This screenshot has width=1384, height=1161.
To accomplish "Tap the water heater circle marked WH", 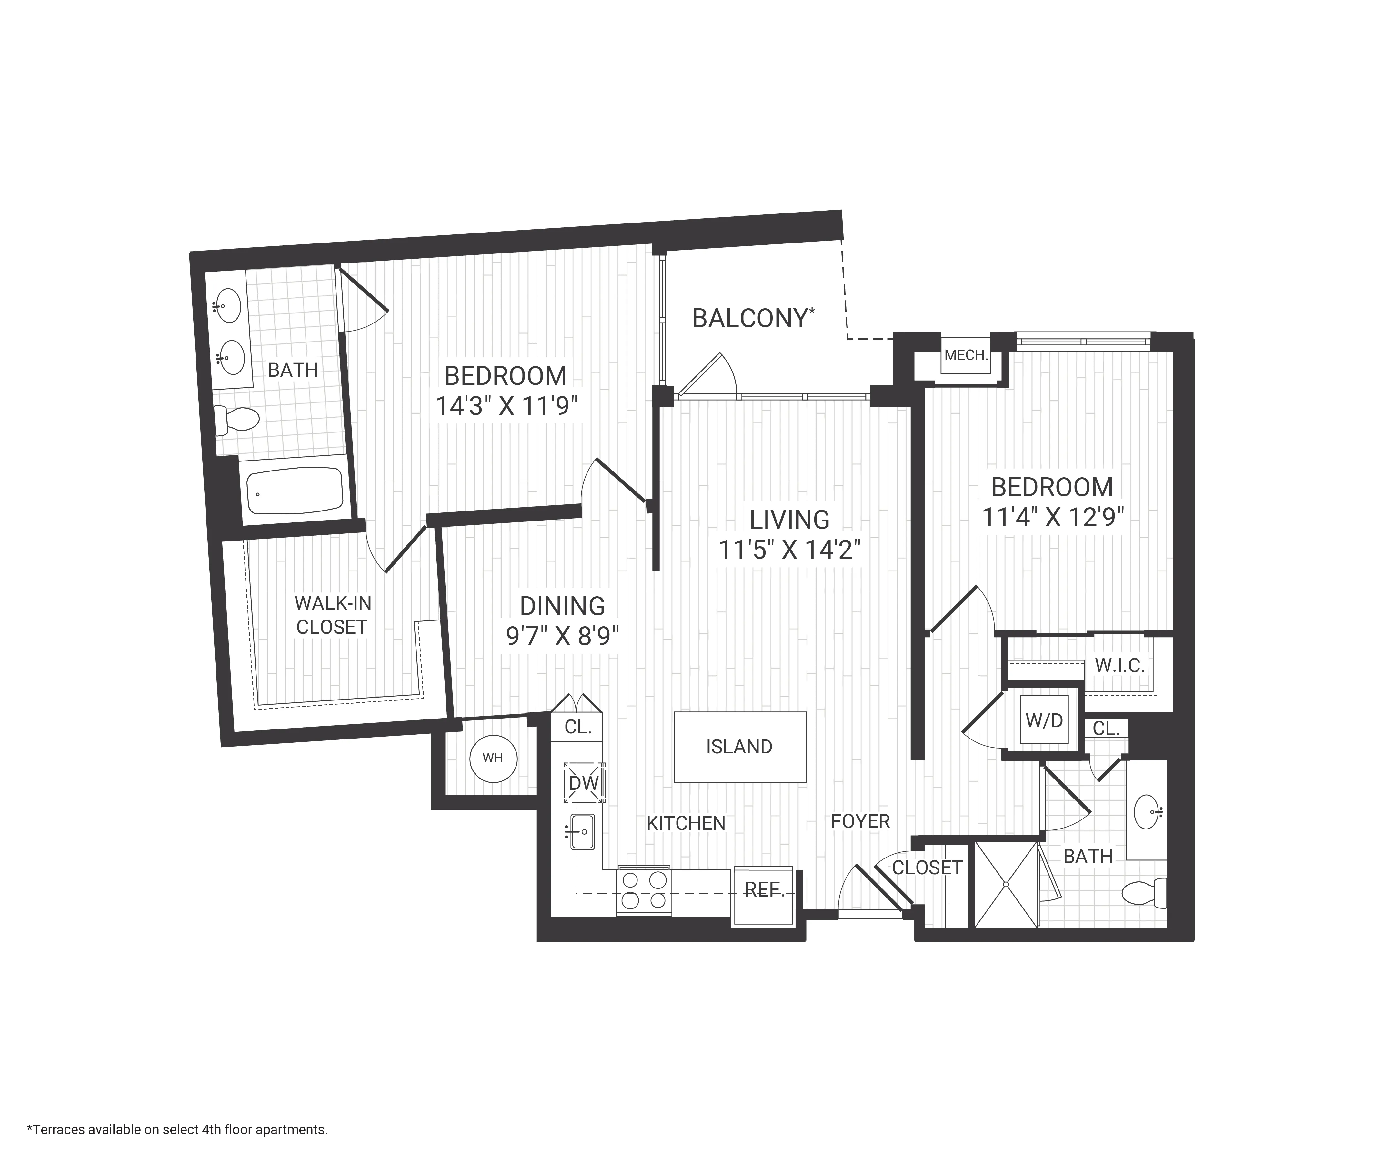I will (x=493, y=759).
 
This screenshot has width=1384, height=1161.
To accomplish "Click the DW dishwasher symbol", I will (x=584, y=783).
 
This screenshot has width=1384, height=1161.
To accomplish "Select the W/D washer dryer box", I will (x=1044, y=720).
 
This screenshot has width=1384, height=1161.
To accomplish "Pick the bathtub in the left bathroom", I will (x=295, y=491).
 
